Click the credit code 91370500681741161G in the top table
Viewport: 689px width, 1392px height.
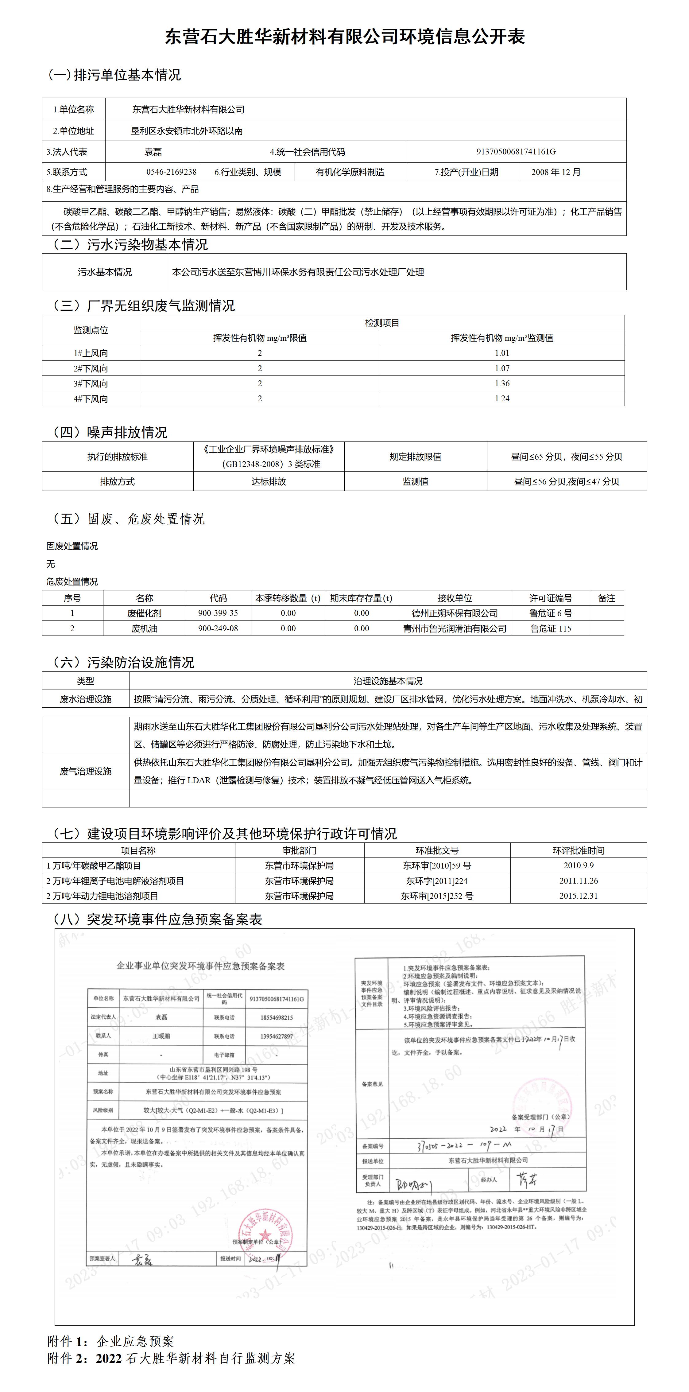coord(516,152)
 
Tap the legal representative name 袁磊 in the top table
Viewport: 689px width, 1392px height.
coord(153,152)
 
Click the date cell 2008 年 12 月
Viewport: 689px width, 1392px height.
coord(555,172)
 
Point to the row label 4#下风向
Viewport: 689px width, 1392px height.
coord(91,399)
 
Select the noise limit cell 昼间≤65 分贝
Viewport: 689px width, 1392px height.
coord(567,457)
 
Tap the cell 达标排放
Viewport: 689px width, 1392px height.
coord(268,481)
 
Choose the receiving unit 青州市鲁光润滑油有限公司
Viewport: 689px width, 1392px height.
coord(455,628)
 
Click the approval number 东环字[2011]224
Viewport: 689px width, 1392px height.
coord(437,881)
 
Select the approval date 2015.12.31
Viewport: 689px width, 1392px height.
coord(578,896)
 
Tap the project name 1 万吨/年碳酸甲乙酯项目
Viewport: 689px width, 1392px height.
coord(93,866)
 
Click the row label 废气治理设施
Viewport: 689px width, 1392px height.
coord(85,771)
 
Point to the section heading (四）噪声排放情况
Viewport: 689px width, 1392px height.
coord(110,432)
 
